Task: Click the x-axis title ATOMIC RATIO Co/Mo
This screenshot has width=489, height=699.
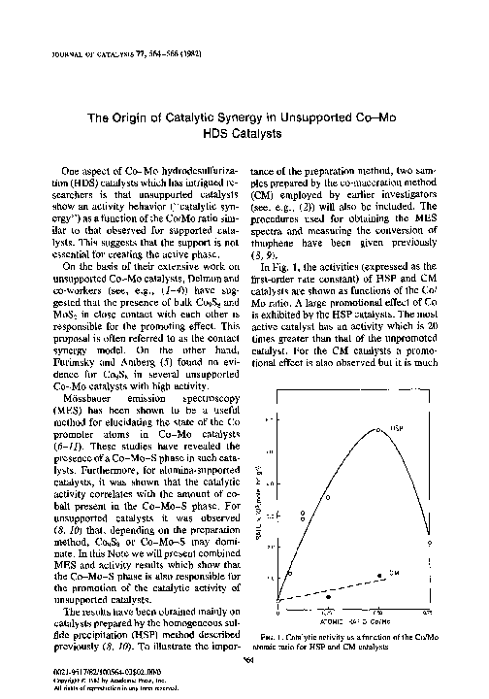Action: pyautogui.click(x=355, y=621)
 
